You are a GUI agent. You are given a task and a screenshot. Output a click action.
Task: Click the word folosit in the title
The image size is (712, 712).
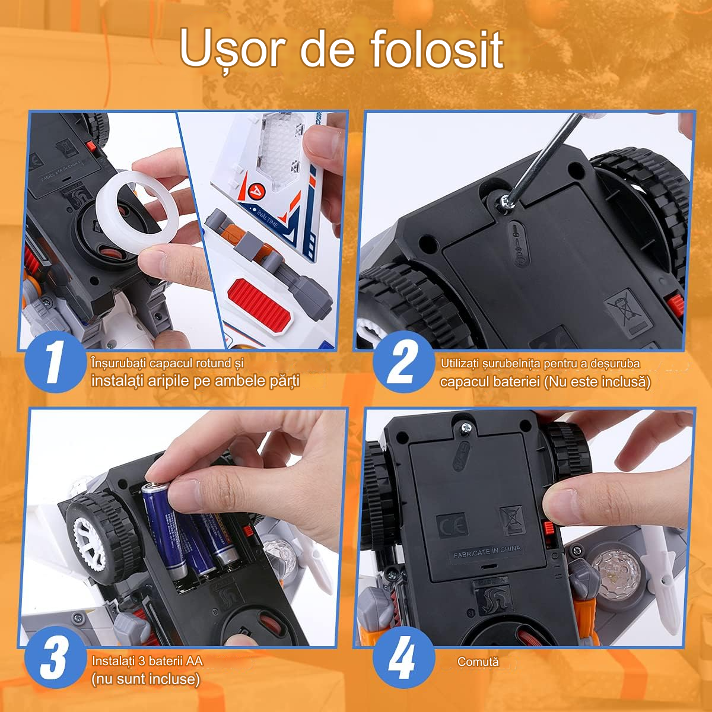[437, 49]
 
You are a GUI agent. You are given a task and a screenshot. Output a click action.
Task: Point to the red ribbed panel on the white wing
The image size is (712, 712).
[263, 303]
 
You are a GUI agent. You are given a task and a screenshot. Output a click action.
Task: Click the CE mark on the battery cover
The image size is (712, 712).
[452, 525]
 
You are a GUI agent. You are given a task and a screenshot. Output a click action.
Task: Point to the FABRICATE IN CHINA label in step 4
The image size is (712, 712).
[487, 552]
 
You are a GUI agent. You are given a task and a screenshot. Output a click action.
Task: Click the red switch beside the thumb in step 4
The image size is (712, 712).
[549, 528]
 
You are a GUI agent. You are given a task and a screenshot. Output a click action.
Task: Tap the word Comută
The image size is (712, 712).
[478, 662]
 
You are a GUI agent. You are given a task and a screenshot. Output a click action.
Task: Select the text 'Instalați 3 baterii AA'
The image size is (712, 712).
[147, 661]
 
